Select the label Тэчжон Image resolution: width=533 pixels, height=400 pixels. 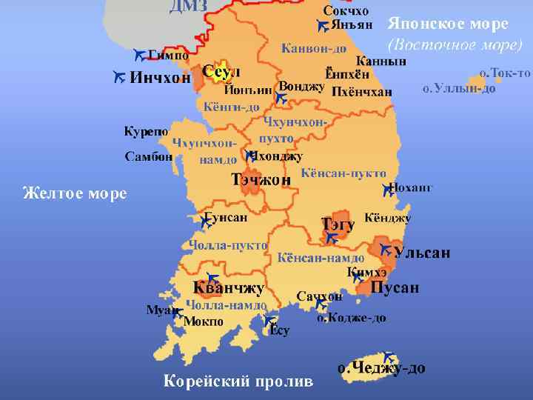pyautogui.click(x=261, y=179)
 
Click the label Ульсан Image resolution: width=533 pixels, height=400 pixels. pyautogui.click(x=421, y=253)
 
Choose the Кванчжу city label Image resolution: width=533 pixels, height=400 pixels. pyautogui.click(x=228, y=287)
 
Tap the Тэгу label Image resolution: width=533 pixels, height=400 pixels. pyautogui.click(x=338, y=224)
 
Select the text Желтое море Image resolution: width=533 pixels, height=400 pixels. pyautogui.click(x=74, y=194)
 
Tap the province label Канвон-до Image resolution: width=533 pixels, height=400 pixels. pyautogui.click(x=313, y=49)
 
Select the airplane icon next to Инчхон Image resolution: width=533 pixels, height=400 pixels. pyautogui.click(x=118, y=76)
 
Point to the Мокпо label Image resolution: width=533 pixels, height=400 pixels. pyautogui.click(x=203, y=321)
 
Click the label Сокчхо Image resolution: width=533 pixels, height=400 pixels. pyautogui.click(x=346, y=10)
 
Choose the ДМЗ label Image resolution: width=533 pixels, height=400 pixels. pyautogui.click(x=188, y=7)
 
